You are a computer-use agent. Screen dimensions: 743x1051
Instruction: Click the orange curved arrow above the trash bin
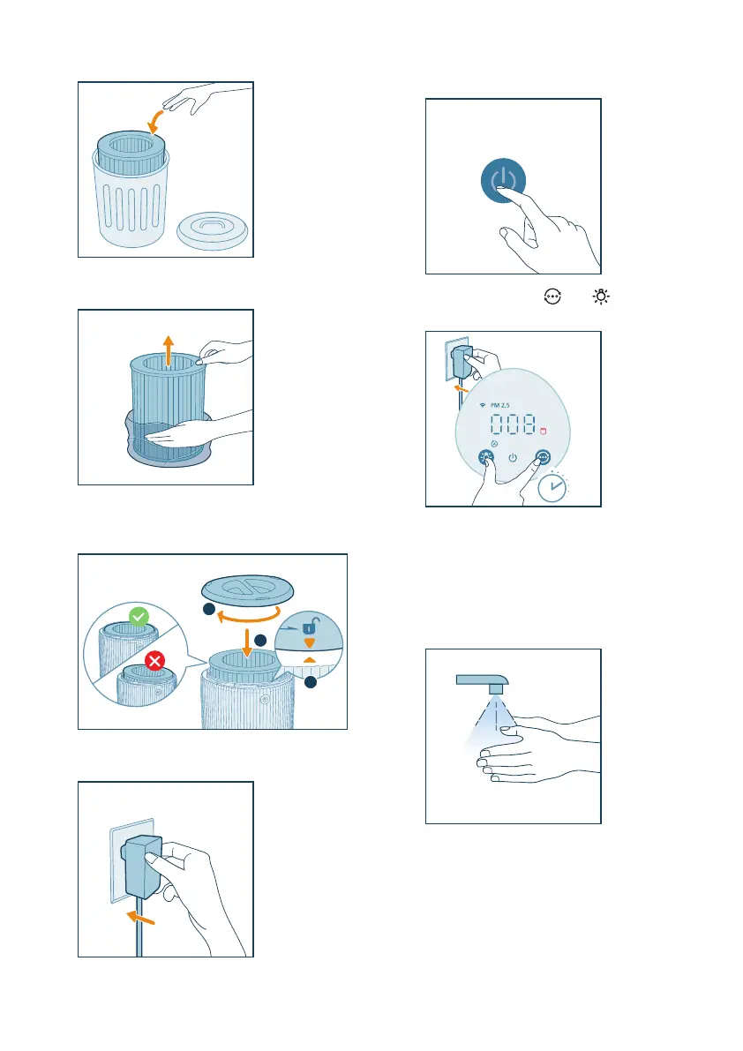point(154,121)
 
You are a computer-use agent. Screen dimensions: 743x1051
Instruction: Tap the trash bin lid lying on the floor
point(213,230)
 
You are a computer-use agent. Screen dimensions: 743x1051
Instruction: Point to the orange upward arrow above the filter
point(169,350)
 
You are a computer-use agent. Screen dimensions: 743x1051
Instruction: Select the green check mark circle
point(139,617)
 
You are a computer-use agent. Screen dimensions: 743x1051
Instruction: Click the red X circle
point(154,661)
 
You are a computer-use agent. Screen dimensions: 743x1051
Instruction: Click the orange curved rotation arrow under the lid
point(249,614)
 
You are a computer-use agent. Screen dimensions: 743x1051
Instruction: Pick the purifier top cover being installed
point(247,589)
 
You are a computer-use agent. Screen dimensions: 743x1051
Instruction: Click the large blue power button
point(503,180)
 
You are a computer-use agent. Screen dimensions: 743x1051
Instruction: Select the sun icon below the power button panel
point(601,297)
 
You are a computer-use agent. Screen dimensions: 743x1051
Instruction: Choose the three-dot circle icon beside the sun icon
point(552,297)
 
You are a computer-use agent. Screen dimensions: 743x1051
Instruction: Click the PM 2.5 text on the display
point(499,406)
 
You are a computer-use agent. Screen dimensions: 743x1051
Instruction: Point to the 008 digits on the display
point(513,424)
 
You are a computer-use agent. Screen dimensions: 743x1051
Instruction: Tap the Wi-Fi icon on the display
point(483,406)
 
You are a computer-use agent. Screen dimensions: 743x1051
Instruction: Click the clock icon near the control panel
point(552,487)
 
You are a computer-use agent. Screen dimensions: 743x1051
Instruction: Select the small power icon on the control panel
point(513,458)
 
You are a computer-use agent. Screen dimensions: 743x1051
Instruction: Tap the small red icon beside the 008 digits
point(543,431)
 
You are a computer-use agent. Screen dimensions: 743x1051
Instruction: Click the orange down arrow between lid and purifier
point(247,643)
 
